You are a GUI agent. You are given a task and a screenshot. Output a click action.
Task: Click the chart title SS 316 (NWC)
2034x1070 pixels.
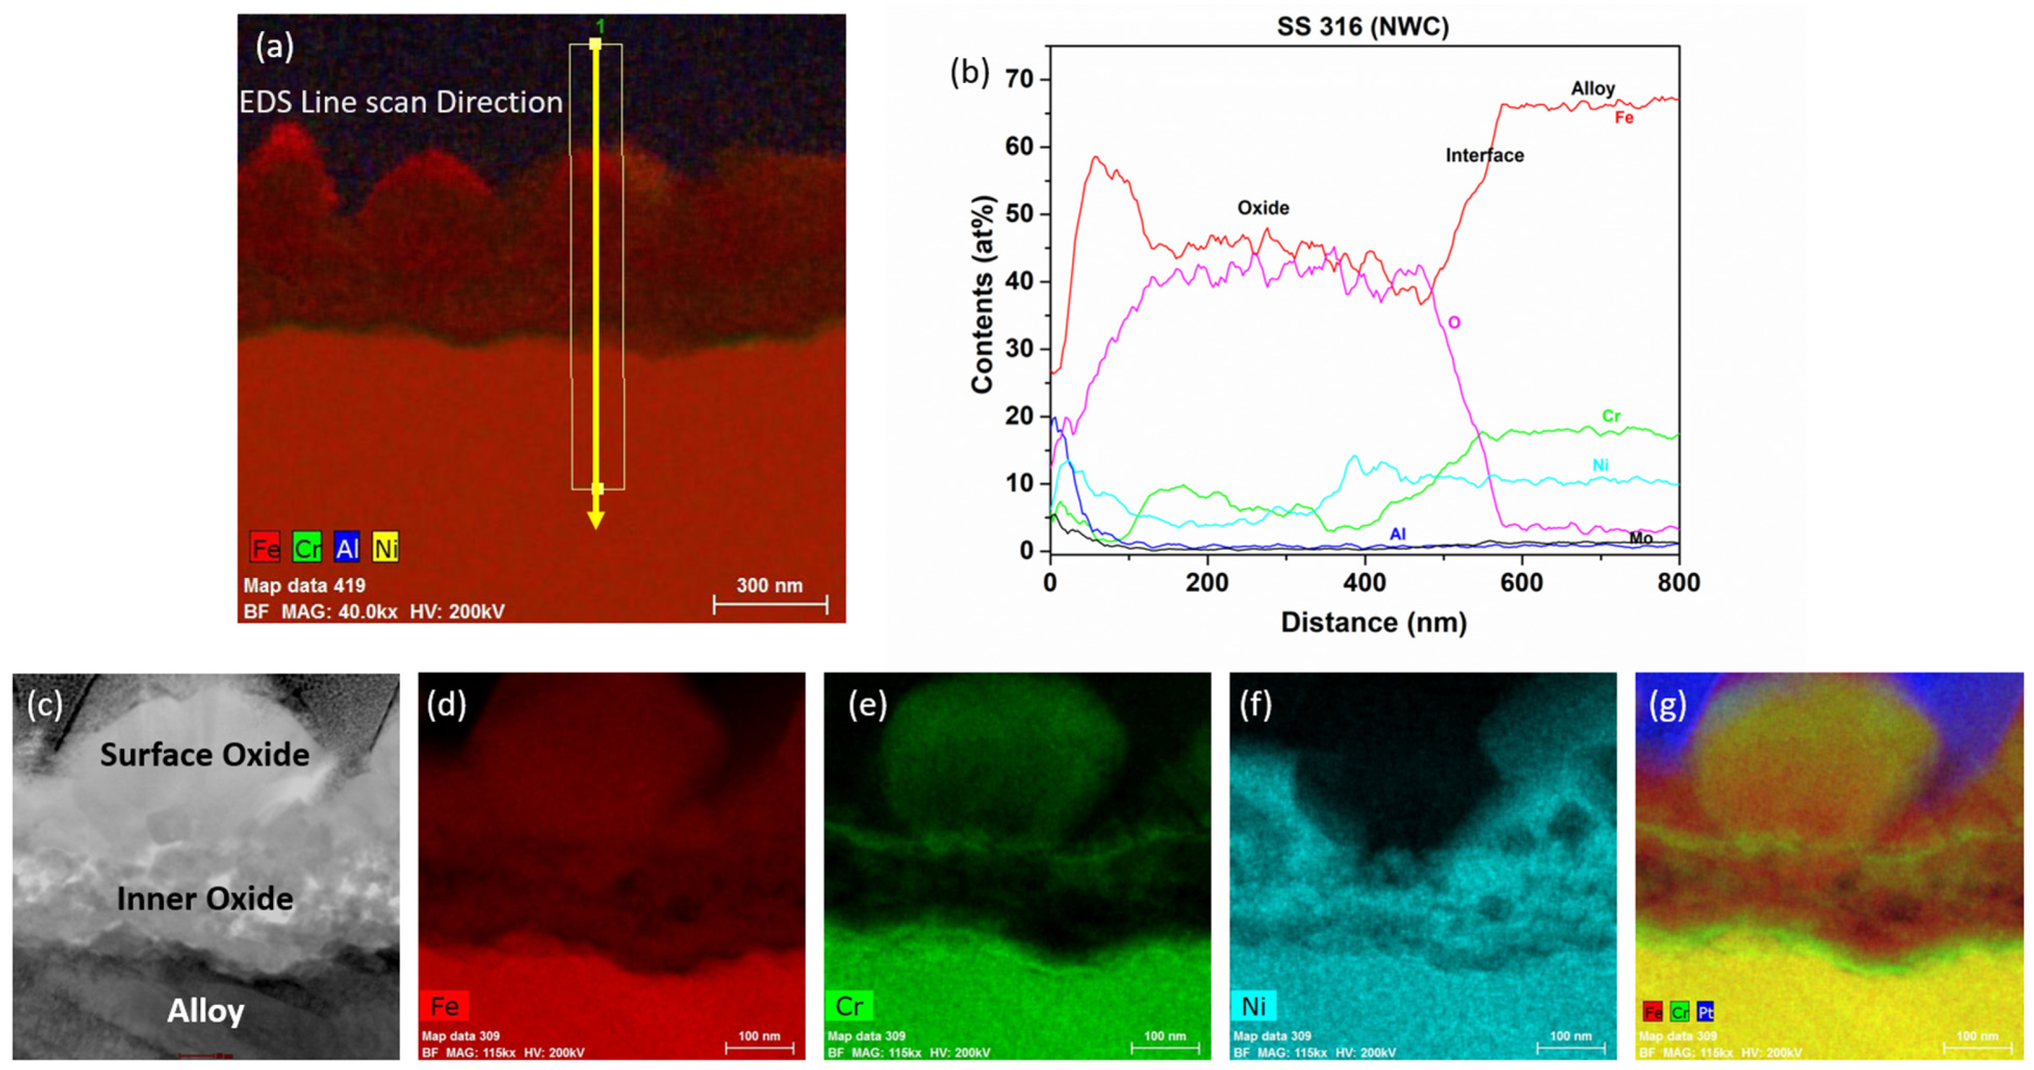point(1363,27)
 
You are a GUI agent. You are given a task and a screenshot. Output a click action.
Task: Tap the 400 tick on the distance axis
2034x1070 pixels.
point(1364,582)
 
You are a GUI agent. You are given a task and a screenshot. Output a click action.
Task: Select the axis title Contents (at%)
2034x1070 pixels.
point(982,294)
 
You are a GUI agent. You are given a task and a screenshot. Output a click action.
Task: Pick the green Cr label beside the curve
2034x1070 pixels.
point(1611,416)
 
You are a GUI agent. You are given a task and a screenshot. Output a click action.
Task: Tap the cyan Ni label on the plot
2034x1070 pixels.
point(1600,465)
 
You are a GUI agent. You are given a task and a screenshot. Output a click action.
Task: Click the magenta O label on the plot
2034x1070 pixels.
point(1454,322)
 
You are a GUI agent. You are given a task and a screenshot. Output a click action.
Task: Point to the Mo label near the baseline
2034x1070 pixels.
point(1641,538)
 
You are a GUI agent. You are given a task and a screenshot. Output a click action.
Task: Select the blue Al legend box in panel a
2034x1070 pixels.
point(346,547)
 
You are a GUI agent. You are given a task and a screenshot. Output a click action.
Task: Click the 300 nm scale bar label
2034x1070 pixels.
point(769,586)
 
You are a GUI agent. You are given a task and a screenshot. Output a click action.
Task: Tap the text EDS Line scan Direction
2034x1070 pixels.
point(401,103)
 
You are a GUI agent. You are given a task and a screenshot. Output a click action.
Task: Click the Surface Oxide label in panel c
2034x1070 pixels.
point(205,755)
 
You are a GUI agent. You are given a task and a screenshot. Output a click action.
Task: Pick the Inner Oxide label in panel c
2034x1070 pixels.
point(205,898)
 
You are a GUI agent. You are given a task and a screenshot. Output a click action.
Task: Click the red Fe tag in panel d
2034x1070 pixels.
point(445,1006)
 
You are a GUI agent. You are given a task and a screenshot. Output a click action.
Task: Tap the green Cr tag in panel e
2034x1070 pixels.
point(849,1006)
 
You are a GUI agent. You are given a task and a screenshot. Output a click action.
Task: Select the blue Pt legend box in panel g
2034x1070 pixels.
point(1704,1011)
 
